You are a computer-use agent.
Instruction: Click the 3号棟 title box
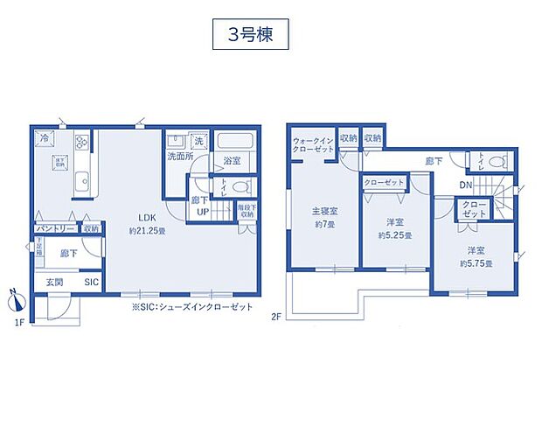click(249, 38)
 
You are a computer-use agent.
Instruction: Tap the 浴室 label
click(231, 161)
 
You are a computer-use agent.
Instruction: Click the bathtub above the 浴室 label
click(233, 141)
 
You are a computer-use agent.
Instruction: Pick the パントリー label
click(53, 228)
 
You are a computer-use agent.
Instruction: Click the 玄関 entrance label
click(53, 283)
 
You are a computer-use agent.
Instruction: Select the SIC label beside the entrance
click(91, 283)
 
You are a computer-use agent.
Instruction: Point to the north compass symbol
click(13, 300)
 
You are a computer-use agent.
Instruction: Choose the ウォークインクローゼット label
click(312, 144)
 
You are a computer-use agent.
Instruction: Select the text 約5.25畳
click(395, 235)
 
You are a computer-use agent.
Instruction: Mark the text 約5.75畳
click(477, 262)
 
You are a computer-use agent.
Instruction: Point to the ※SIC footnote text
click(191, 307)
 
